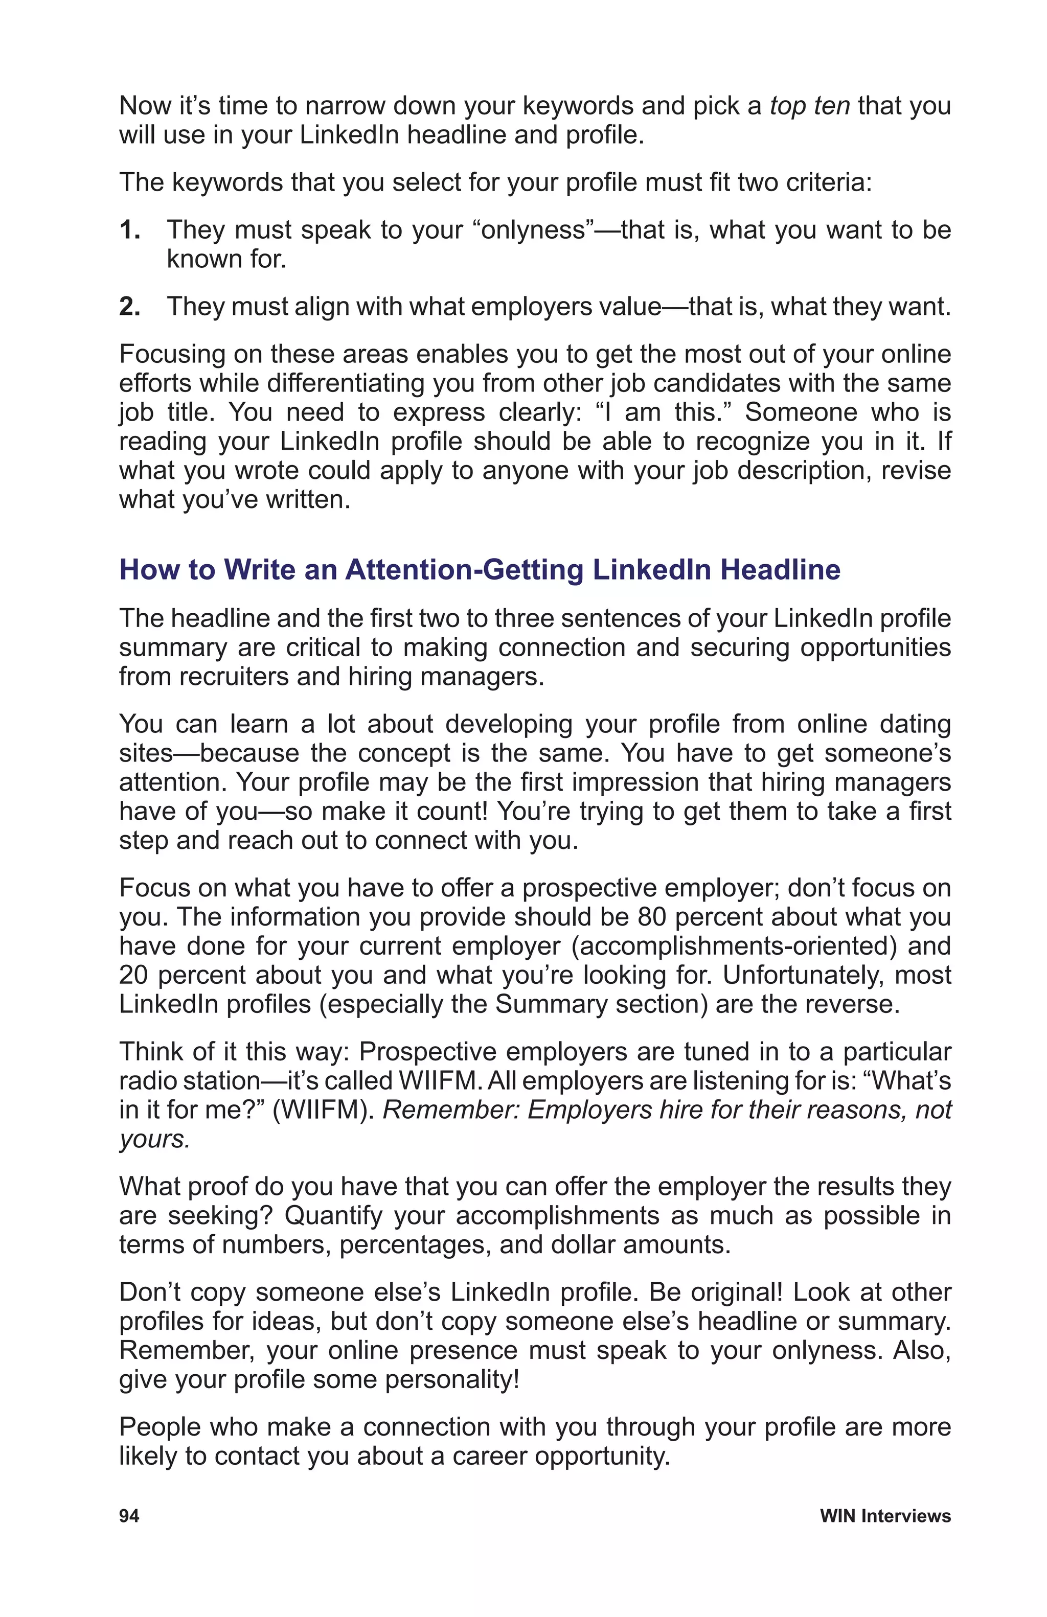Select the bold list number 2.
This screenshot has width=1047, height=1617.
pyautogui.click(x=129, y=307)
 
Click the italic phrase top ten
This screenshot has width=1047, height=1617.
pyautogui.click(x=809, y=106)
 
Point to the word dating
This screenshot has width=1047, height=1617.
pyautogui.click(x=915, y=724)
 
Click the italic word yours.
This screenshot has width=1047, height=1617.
pyautogui.click(x=154, y=1139)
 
